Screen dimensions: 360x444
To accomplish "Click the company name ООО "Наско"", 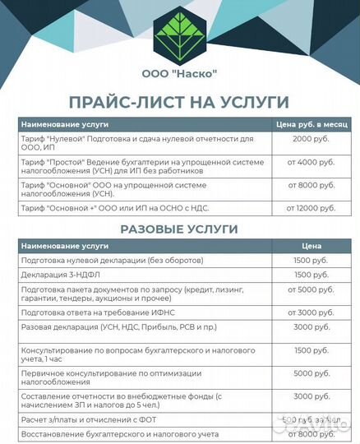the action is (179, 74).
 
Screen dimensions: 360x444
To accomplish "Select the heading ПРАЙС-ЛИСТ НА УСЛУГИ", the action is (179, 102).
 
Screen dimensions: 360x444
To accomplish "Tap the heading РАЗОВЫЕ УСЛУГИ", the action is (179, 229).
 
